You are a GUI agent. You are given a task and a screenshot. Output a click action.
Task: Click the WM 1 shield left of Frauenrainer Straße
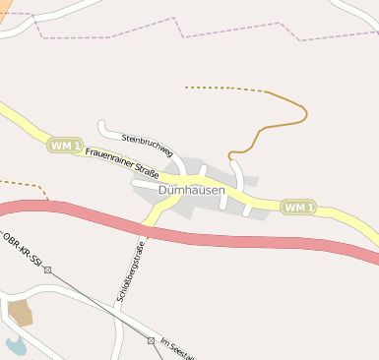(x=64, y=145)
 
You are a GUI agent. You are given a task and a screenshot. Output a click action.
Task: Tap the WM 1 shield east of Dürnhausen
(x=298, y=207)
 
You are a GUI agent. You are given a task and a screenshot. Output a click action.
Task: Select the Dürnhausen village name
(x=191, y=190)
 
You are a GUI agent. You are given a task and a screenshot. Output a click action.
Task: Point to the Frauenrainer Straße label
(x=122, y=160)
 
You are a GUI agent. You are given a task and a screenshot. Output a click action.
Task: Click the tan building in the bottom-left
(x=20, y=313)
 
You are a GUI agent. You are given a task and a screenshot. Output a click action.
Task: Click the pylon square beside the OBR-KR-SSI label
(x=47, y=269)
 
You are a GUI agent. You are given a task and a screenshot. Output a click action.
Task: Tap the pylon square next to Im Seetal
(x=151, y=339)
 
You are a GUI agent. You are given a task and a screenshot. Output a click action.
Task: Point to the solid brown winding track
(x=285, y=122)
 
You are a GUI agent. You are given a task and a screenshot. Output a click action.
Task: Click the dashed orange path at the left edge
(x=25, y=183)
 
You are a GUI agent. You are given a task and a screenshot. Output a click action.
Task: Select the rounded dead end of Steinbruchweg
(x=102, y=125)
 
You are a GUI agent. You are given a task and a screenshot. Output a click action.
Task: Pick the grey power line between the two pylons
(x=98, y=304)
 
